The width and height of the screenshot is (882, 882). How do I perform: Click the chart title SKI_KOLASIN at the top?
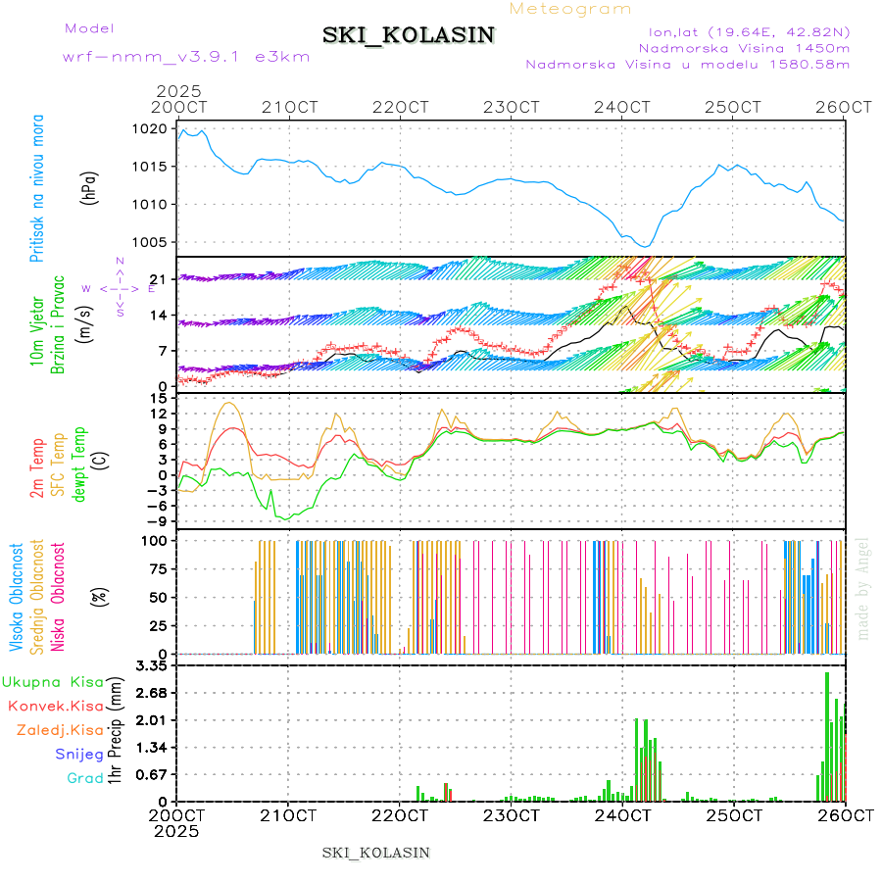pos(409,35)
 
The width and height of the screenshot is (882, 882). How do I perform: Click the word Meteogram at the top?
pos(570,9)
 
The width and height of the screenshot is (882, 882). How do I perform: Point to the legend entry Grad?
pos(84,778)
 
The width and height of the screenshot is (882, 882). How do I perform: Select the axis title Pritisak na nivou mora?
pos(38,192)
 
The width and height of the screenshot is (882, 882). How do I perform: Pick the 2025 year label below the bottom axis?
pos(177,831)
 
